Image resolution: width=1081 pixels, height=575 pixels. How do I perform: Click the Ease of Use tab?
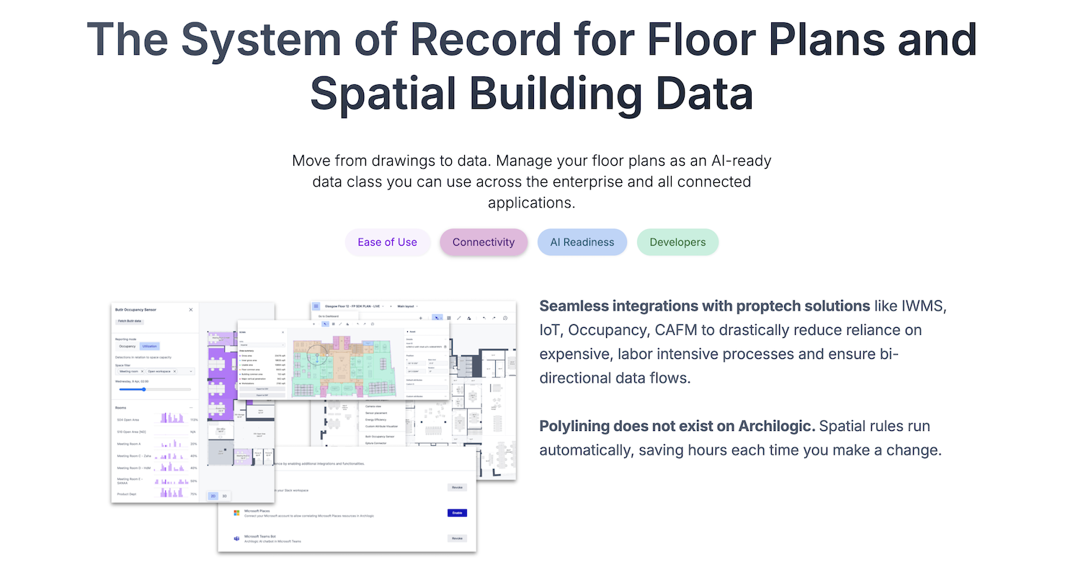(x=387, y=242)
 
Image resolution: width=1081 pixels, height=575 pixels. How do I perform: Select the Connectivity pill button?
(x=484, y=242)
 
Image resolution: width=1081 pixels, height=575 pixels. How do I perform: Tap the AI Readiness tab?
(x=582, y=242)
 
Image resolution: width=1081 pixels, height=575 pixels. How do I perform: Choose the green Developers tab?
(x=677, y=242)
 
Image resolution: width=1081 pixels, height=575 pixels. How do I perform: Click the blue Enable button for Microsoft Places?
(x=457, y=513)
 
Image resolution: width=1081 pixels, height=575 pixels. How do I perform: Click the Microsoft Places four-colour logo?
(x=236, y=513)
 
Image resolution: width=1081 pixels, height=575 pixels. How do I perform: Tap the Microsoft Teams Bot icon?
(x=236, y=538)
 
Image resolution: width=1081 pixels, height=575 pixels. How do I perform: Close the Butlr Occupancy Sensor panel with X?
(x=191, y=310)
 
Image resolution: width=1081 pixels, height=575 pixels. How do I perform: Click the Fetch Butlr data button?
(x=130, y=321)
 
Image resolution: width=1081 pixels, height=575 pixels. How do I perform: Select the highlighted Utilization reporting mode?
(x=149, y=347)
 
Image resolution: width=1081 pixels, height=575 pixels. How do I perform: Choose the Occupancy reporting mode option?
(x=127, y=347)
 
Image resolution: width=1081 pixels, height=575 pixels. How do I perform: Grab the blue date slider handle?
(x=144, y=389)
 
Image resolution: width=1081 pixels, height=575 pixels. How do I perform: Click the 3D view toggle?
(x=224, y=496)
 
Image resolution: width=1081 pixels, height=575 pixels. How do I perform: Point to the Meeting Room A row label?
(x=129, y=444)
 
